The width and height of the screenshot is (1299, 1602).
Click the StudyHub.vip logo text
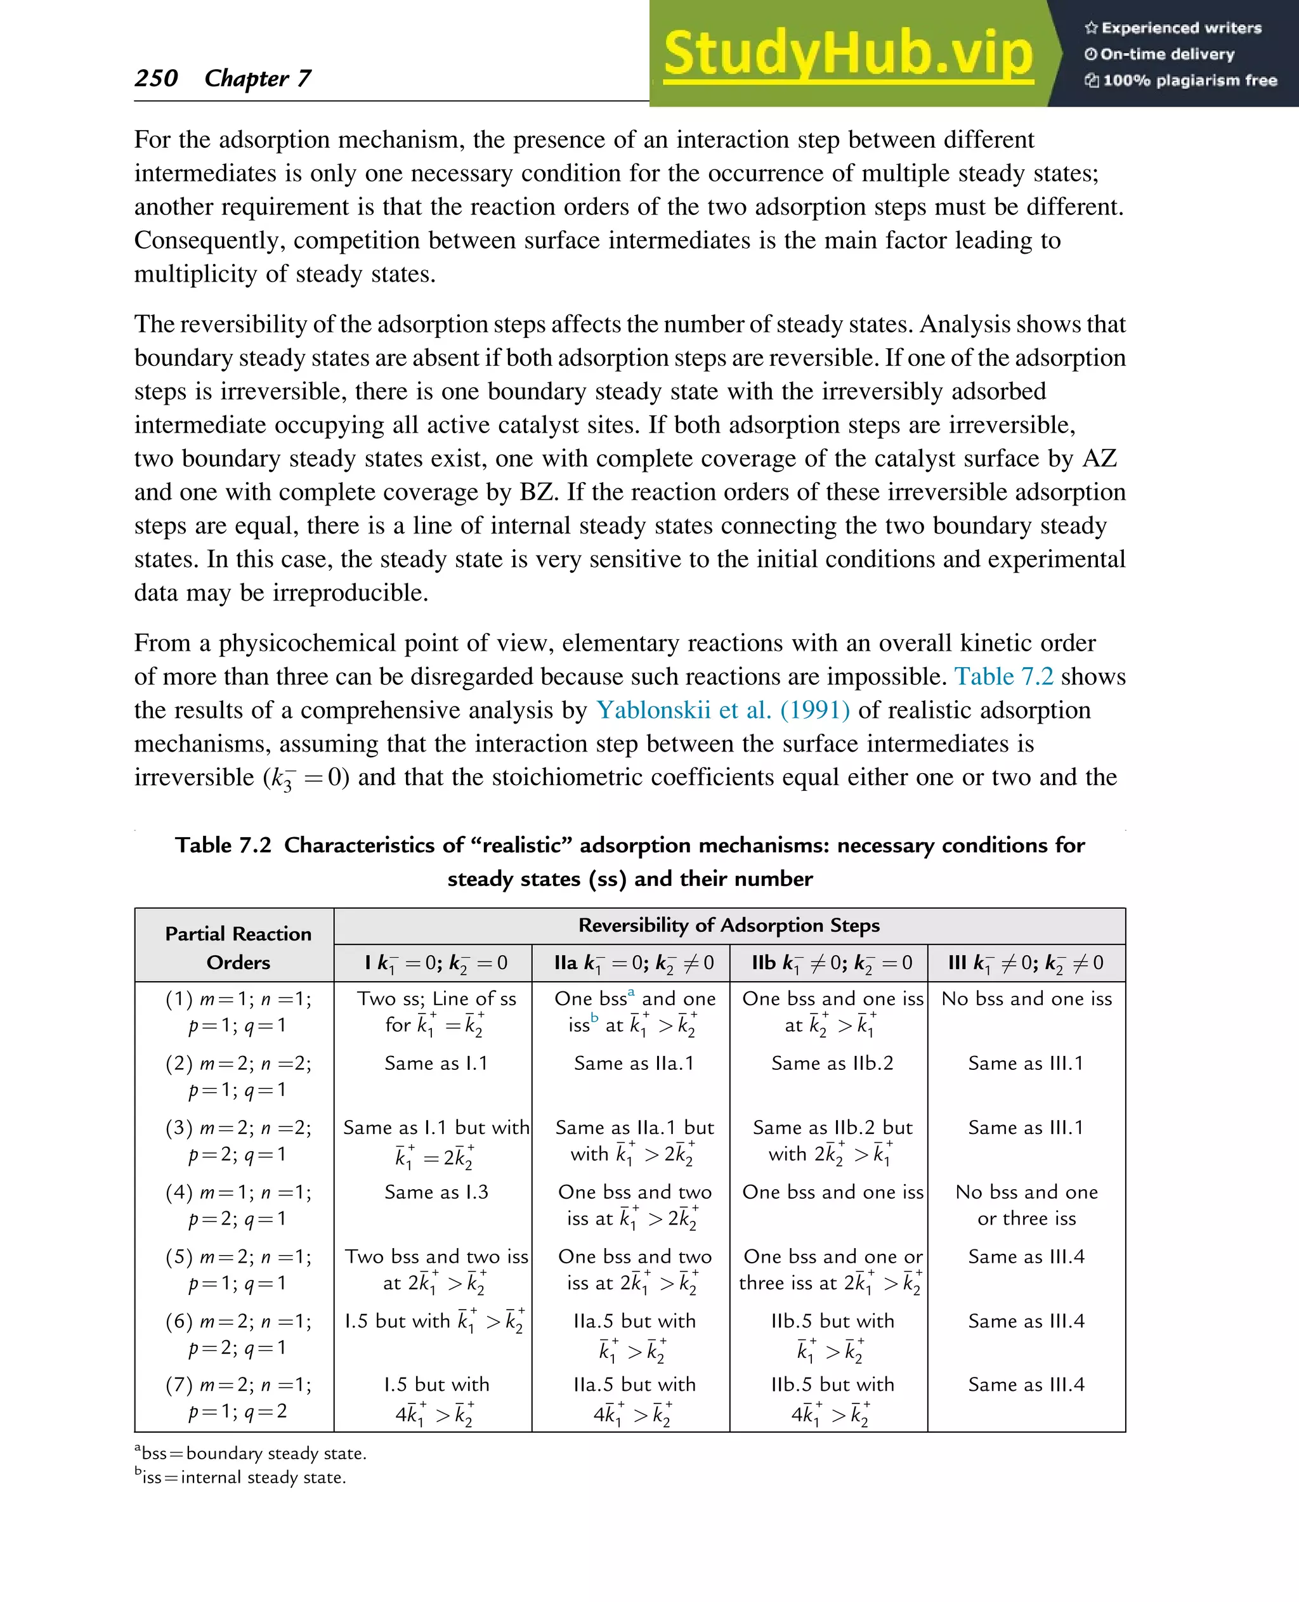click(848, 54)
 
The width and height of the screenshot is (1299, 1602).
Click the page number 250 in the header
click(157, 78)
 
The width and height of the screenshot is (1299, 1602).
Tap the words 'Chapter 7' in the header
click(258, 78)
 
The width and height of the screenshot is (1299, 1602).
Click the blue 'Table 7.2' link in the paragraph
click(1003, 677)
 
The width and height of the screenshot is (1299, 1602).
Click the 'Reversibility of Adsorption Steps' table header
click(729, 925)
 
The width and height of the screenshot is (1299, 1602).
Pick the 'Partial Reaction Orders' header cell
click(238, 948)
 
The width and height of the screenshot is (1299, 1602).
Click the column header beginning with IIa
click(633, 963)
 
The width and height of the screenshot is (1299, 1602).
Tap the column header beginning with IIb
click(832, 963)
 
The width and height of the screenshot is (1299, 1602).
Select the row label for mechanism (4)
click(238, 1206)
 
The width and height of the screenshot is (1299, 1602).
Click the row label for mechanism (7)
click(238, 1398)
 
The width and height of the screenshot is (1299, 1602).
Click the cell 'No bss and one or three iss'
click(1027, 1206)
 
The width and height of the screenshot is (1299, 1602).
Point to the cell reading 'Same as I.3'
click(436, 1192)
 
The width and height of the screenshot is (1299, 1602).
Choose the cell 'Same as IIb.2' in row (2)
click(832, 1064)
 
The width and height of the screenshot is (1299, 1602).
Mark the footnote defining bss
click(251, 1453)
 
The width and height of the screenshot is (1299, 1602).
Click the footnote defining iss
click(241, 1477)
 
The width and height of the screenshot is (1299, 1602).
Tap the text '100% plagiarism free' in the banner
click(1189, 81)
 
